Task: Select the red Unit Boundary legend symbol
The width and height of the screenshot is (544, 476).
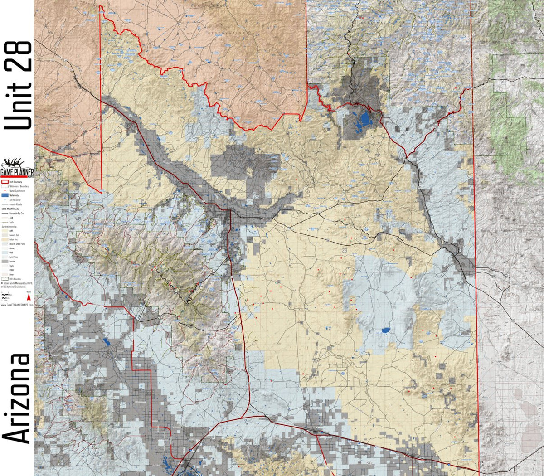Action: (5, 182)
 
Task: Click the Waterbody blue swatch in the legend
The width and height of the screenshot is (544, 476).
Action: (5, 195)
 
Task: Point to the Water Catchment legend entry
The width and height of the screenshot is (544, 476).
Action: (15, 191)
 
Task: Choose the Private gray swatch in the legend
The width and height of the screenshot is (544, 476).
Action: (5, 262)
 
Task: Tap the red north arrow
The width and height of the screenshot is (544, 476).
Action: (29, 297)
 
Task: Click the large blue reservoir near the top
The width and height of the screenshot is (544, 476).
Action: (364, 119)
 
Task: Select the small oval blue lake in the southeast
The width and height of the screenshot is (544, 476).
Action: (386, 330)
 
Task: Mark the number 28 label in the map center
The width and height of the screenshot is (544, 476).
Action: (345, 250)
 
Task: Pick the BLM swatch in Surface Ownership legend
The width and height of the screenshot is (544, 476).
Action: (5, 231)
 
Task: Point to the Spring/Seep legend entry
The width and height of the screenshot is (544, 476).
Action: (15, 200)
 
